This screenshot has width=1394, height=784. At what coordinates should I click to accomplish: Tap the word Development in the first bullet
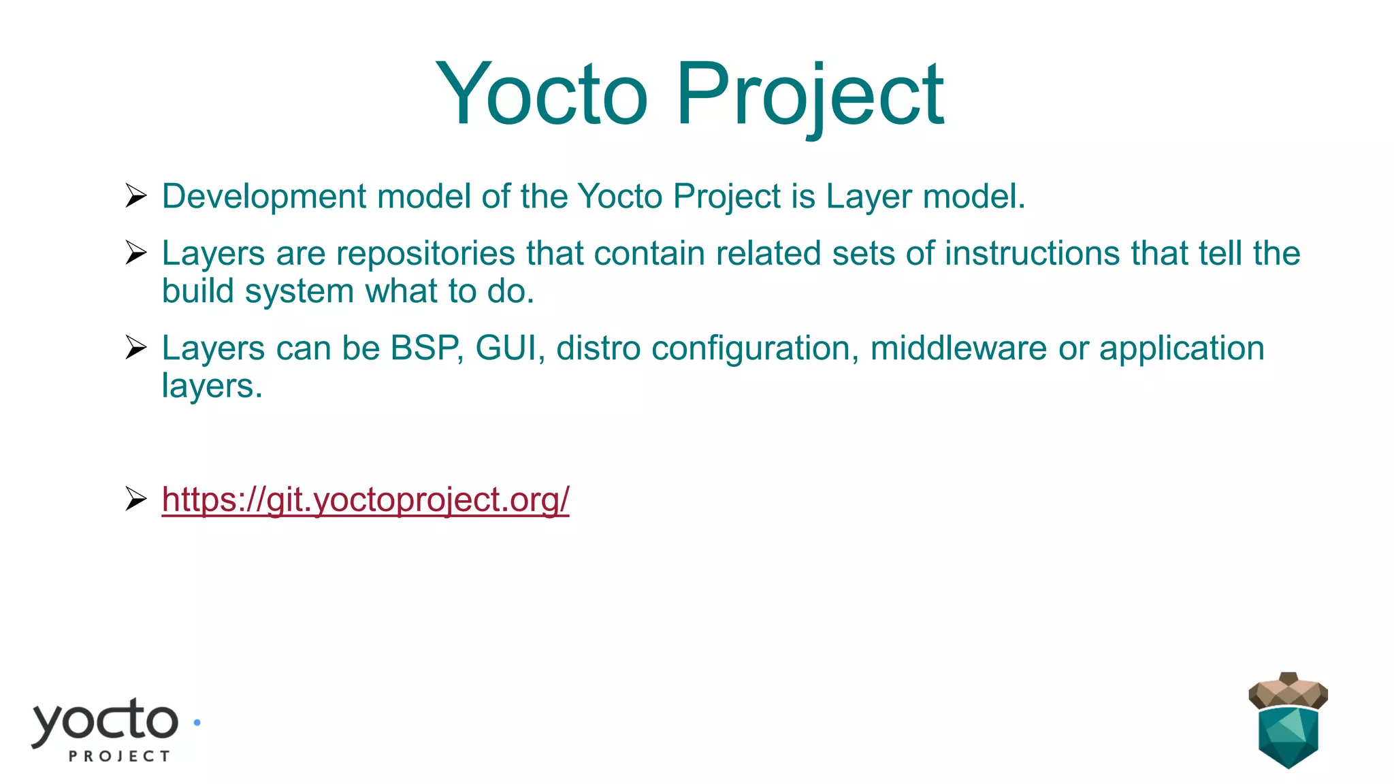264,197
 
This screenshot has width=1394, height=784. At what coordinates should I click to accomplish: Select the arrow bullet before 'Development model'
136,196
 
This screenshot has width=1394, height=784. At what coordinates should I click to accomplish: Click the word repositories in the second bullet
425,254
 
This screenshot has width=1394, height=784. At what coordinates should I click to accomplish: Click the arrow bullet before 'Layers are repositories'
136,253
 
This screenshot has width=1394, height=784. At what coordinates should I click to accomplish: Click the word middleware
958,348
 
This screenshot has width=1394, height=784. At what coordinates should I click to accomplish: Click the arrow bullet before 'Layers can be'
136,348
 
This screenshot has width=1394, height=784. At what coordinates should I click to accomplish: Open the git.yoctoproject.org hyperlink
365,500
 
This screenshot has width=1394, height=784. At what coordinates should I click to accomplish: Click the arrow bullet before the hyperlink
136,500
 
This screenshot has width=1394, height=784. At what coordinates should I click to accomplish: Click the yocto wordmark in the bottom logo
106,721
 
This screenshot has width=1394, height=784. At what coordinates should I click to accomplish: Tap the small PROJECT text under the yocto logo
119,756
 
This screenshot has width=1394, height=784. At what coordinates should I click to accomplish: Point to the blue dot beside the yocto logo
197,723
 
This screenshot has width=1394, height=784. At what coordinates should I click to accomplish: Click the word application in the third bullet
1182,348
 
